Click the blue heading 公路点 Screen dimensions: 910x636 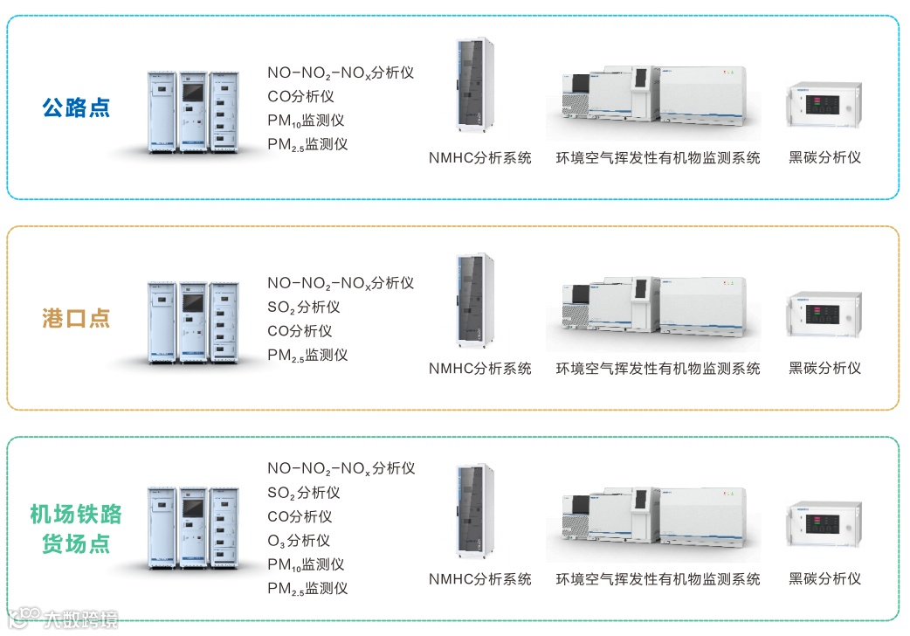pyautogui.click(x=77, y=107)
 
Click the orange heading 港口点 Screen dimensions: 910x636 pyautogui.click(x=77, y=318)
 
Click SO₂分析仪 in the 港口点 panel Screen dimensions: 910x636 pyautogui.click(x=303, y=308)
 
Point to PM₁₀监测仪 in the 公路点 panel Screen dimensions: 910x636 pyautogui.click(x=307, y=121)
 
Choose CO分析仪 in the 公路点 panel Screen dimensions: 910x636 pyautogui.click(x=300, y=97)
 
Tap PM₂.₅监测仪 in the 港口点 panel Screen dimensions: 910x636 pyautogui.click(x=307, y=356)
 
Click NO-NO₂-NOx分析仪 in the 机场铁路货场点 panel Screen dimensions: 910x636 pyautogui.click(x=341, y=469)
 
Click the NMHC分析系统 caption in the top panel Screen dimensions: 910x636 pyautogui.click(x=479, y=158)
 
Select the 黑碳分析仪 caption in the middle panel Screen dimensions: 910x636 pyautogui.click(x=824, y=369)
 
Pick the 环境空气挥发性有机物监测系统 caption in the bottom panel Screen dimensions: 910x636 pyautogui.click(x=658, y=579)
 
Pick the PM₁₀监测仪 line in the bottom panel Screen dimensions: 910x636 pyautogui.click(x=306, y=565)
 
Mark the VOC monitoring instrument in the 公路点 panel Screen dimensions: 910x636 pyautogui.click(x=652, y=100)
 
